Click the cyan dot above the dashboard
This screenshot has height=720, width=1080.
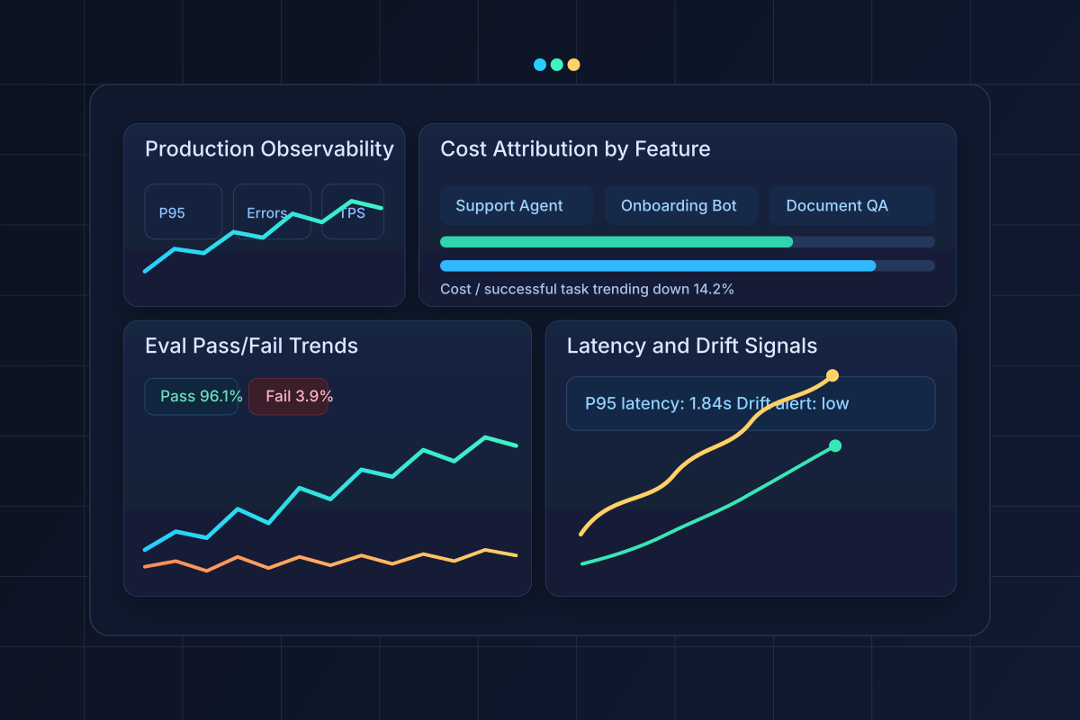click(540, 65)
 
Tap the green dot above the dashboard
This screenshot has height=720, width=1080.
click(557, 65)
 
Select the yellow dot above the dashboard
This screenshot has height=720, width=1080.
click(574, 65)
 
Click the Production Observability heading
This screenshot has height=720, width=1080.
click(269, 149)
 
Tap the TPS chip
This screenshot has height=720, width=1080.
click(353, 212)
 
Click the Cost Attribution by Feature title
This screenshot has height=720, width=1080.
click(575, 149)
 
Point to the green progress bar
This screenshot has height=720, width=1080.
click(616, 241)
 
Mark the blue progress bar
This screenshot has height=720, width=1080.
click(658, 265)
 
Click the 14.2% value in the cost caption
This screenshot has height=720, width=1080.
click(715, 289)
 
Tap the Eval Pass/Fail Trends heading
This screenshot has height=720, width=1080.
click(251, 346)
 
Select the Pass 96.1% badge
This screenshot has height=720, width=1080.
click(192, 396)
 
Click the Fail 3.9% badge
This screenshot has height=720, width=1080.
click(288, 396)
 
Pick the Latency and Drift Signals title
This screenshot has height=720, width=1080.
click(692, 346)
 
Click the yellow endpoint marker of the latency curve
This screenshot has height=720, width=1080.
click(832, 375)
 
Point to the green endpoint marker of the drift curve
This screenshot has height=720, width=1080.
click(834, 445)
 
